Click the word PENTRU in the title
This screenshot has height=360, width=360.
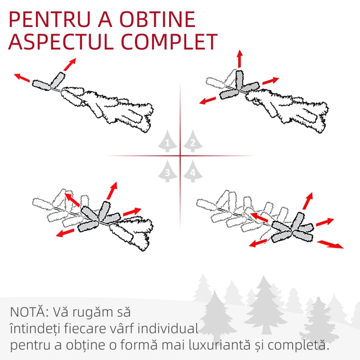click(49, 19)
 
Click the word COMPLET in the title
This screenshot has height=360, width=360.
click(169, 41)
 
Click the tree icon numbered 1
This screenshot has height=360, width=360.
click(167, 141)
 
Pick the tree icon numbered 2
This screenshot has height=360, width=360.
click(193, 141)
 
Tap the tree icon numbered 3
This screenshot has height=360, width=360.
click(167, 171)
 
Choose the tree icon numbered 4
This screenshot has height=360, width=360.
click(193, 171)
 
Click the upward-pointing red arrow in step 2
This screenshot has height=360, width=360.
click(240, 59)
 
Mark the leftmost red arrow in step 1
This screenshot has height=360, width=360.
click(22, 78)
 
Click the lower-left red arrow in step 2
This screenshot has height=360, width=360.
click(207, 100)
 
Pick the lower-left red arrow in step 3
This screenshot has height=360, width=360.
click(65, 233)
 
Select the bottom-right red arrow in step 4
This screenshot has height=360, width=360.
click(330, 244)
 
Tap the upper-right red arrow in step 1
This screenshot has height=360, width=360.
click(70, 64)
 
